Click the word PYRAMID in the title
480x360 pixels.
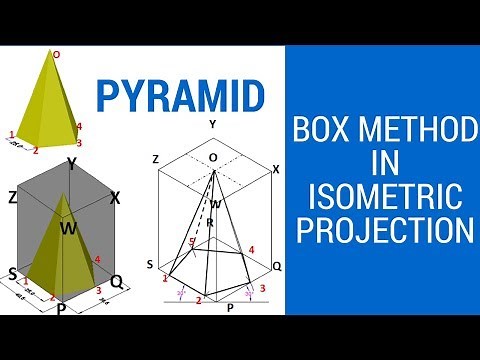[181, 95]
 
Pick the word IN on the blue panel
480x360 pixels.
[379, 162]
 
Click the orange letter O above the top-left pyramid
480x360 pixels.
[56, 54]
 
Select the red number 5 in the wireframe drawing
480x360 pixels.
[192, 243]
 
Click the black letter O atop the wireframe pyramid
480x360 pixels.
[212, 158]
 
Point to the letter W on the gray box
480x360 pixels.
[66, 229]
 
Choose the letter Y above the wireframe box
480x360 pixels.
[212, 124]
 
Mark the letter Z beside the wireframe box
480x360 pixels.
[155, 159]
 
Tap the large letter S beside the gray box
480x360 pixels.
[12, 273]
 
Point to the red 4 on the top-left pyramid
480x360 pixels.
[78, 127]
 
